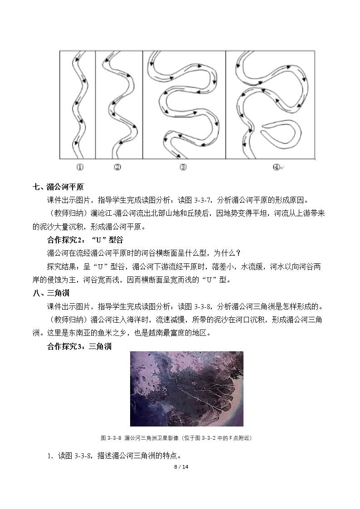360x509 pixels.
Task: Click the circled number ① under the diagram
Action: coord(80,167)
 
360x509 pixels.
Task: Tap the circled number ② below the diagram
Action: coord(117,167)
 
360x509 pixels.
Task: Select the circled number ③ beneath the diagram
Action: coord(183,167)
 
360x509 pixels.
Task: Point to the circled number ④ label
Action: coord(276,167)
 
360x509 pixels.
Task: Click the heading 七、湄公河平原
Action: coord(58,187)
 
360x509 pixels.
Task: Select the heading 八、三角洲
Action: coord(51,293)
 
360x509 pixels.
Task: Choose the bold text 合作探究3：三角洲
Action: coord(79,346)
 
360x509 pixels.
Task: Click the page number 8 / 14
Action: coord(181,467)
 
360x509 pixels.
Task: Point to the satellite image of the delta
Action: coord(187,389)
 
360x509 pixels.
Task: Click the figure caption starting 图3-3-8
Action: coord(176,438)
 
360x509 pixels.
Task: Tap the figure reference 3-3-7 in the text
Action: coord(204,200)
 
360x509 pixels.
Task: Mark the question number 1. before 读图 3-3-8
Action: coord(50,456)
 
